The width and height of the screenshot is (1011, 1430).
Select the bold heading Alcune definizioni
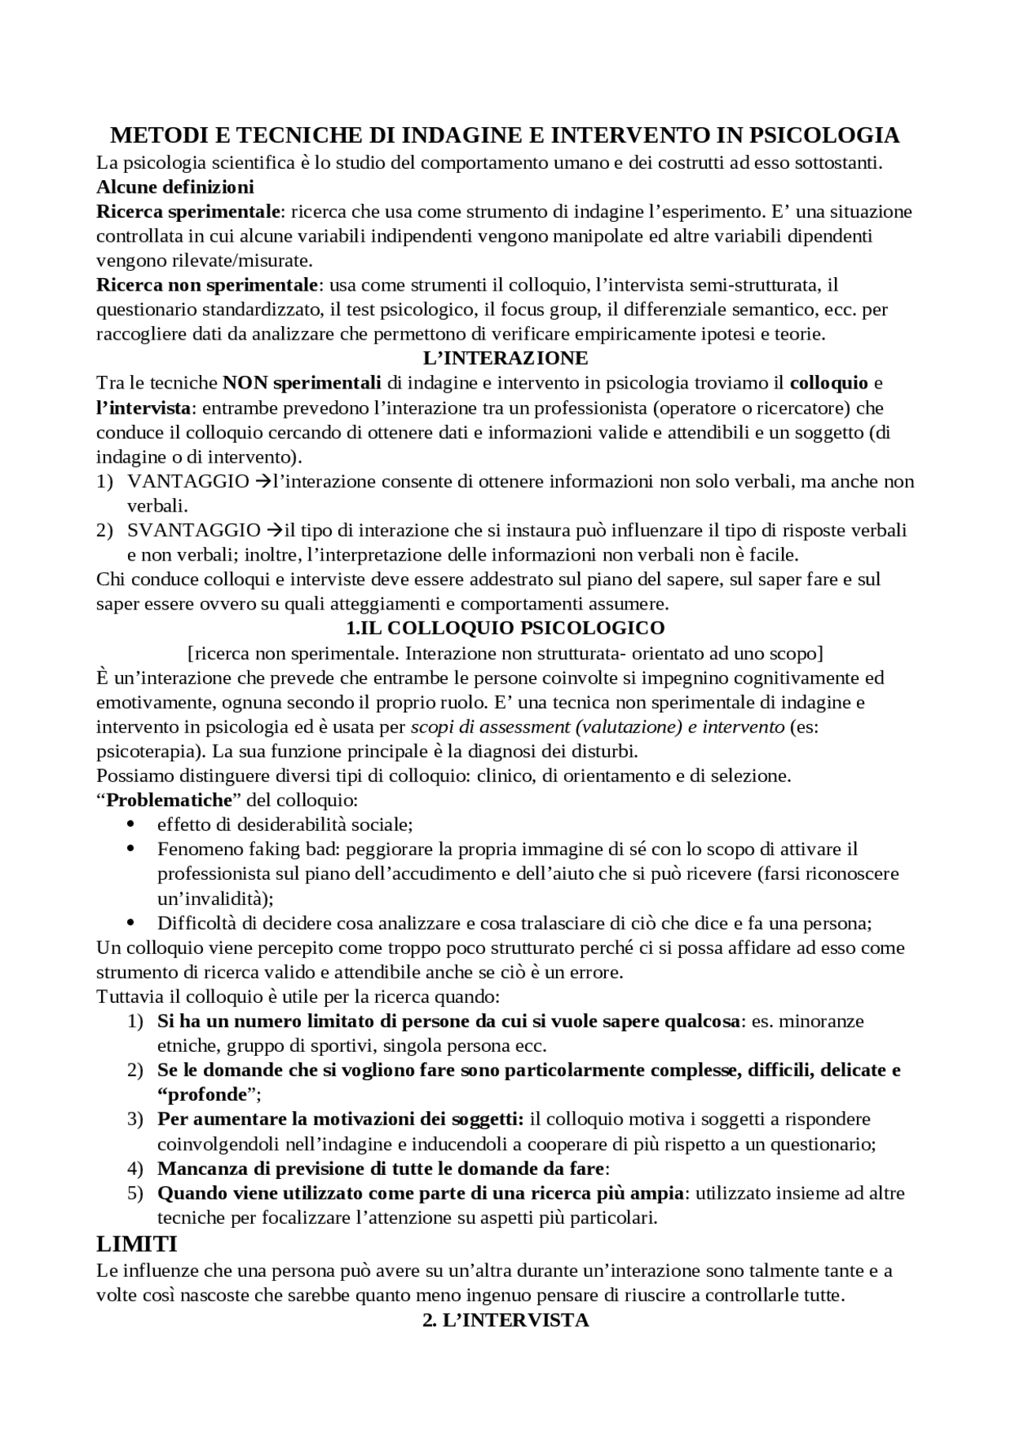tap(175, 187)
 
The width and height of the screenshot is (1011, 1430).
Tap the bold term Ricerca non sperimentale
tap(208, 284)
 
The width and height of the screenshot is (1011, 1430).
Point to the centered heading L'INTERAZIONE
tap(505, 358)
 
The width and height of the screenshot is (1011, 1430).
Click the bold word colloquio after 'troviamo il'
tap(829, 383)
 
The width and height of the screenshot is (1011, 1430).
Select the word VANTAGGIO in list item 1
tap(188, 481)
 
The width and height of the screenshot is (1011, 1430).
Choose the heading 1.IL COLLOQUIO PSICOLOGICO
tap(505, 628)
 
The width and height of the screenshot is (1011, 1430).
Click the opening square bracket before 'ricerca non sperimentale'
tap(190, 653)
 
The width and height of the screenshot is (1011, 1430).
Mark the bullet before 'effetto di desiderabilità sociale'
tap(131, 824)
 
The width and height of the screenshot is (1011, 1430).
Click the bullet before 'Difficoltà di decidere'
tap(131, 923)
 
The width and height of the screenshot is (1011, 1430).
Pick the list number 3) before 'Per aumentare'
tap(134, 1119)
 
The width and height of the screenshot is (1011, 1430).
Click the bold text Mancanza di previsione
tap(261, 1168)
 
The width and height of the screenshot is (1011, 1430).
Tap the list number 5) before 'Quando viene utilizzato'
tap(134, 1192)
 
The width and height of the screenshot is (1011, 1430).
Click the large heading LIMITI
tap(137, 1244)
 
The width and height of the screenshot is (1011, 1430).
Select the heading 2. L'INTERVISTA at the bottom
tap(505, 1319)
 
